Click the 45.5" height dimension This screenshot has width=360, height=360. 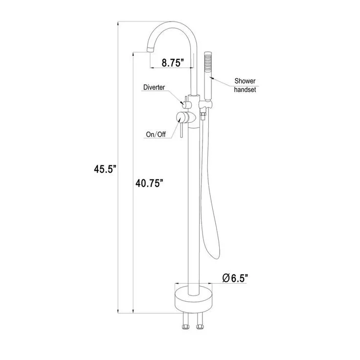[105, 169]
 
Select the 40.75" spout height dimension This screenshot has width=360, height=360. [149, 183]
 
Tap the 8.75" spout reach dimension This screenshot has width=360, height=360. [173, 62]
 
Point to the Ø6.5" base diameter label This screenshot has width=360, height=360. [235, 278]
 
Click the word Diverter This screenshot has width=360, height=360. [154, 87]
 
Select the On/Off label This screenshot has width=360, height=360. [156, 135]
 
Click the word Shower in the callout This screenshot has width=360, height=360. [245, 81]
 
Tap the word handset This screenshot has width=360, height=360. [245, 90]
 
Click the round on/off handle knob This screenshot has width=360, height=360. [182, 118]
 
